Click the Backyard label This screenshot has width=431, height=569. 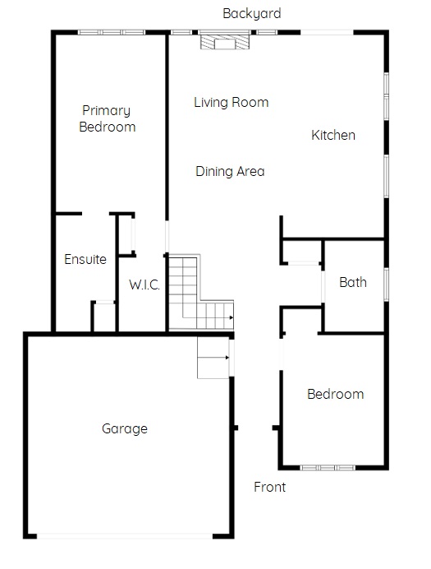pos(252,14)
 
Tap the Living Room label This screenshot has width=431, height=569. pos(231,102)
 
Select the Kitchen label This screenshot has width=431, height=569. pos(333,135)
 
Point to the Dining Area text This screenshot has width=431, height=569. pos(230,171)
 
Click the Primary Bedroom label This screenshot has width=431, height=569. pos(107,118)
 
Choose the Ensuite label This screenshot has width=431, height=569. pos(85,259)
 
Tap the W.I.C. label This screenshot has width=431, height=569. pos(144,284)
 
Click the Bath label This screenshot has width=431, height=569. pos(353,282)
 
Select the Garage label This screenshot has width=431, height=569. pos(125,429)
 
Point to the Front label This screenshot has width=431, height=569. pos(270,487)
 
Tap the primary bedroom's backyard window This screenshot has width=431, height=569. pos(112,32)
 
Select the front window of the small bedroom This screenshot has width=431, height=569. pos(328,468)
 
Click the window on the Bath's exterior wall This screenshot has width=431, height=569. pos(387,284)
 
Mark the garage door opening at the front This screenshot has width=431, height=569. pos(125,536)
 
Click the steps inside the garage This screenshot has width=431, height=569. pos(213,358)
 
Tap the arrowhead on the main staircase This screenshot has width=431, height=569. pos(231,318)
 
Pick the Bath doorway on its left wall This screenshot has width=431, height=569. pos(323,287)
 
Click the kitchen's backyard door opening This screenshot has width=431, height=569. pos(327,32)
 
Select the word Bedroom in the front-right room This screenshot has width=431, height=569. pos(336,394)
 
